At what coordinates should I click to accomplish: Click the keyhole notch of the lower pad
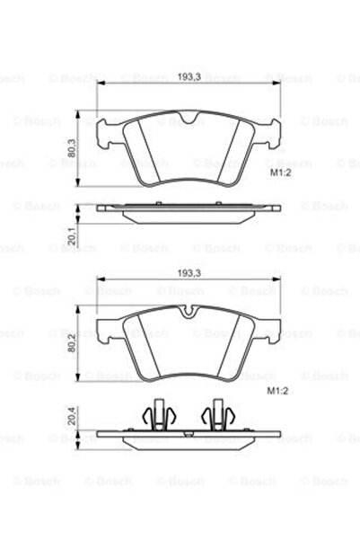[x=188, y=313]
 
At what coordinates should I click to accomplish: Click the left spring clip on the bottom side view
[x=157, y=414]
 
